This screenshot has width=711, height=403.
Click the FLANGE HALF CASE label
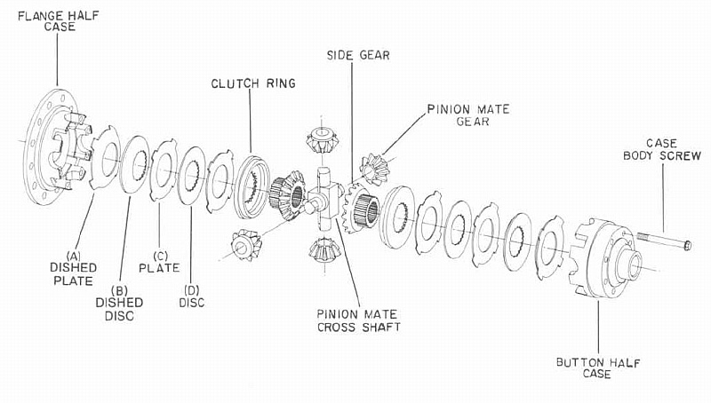tap(57, 20)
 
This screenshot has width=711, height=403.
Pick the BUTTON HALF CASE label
tap(596, 367)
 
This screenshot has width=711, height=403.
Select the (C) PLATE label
tap(159, 259)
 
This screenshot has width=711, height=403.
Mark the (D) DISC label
tap(192, 296)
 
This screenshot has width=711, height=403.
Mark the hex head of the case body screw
tap(688, 243)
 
